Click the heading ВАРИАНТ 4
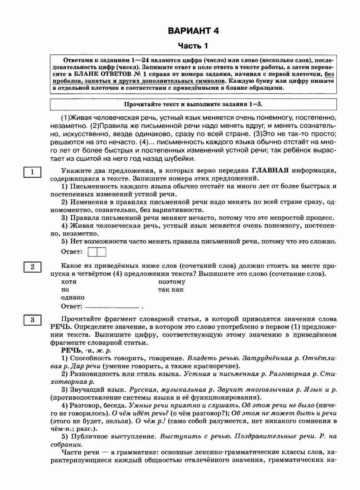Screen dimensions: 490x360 coord(193,31)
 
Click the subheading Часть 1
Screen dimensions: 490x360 coord(193,46)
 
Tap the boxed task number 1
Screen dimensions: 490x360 coord(32,172)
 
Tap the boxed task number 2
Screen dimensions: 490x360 coord(32,267)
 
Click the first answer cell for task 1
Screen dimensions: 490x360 coord(93,252)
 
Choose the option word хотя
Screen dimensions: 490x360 coord(69,282)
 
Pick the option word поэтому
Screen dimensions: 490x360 coord(172,282)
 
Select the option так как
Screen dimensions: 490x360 coord(171,290)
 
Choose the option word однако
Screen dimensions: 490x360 coord(73,297)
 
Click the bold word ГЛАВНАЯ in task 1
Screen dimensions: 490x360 coord(270,170)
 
